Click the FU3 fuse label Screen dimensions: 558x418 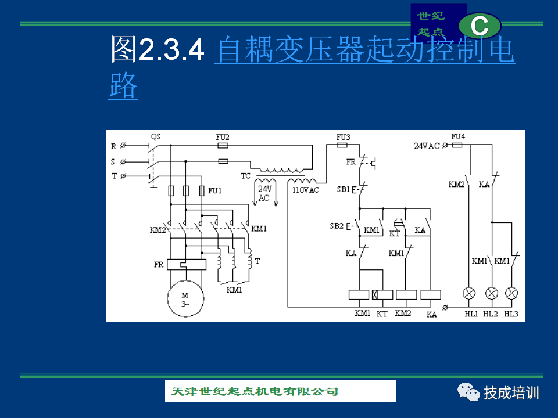pyautogui.click(x=344, y=137)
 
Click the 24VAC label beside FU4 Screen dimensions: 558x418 pyautogui.click(x=427, y=146)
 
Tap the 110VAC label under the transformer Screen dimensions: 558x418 pyautogui.click(x=305, y=190)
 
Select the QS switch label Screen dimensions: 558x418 pyautogui.click(x=156, y=137)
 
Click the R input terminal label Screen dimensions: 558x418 pyautogui.click(x=113, y=146)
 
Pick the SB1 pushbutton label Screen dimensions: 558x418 pyautogui.click(x=344, y=189)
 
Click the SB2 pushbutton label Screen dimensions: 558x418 pyautogui.click(x=337, y=226)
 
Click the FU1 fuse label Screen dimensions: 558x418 pyautogui.click(x=215, y=191)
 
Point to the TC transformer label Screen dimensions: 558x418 pyautogui.click(x=245, y=176)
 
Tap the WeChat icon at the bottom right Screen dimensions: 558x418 pyautogui.click(x=468, y=392)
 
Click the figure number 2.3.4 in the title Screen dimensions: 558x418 pyautogui.click(x=171, y=50)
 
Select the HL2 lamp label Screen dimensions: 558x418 pyautogui.click(x=491, y=314)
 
